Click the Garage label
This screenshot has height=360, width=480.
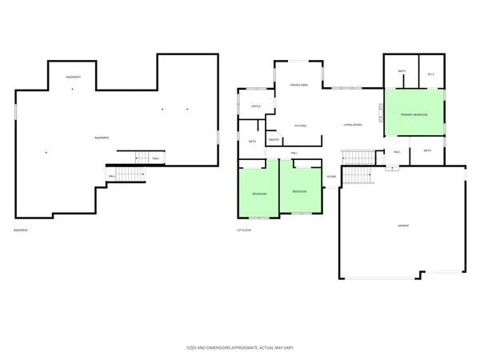403,226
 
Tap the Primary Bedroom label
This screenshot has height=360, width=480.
414,115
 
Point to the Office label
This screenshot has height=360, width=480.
256,106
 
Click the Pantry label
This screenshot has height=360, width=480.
273,139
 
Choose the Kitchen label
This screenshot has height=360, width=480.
301,126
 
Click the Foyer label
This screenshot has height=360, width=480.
331,177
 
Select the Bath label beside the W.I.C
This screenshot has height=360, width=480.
402,73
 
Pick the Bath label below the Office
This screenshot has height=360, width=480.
252,142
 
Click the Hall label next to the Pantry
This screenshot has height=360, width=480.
294,151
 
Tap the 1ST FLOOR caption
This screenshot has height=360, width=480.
244,231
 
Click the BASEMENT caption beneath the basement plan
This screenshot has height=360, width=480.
22,231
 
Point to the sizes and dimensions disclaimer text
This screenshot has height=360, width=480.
239,349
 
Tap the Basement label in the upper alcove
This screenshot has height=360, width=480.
72,76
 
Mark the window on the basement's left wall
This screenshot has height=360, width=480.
16,113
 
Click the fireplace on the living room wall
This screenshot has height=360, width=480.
382,112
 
